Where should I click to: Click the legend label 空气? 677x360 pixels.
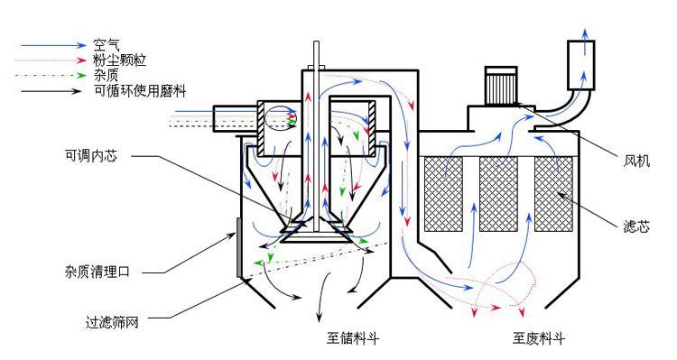[x=107, y=42]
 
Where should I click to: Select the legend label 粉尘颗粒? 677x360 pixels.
[x=118, y=59]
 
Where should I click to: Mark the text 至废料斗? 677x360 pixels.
[x=539, y=339]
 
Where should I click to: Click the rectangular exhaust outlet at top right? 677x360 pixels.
[x=584, y=60]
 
